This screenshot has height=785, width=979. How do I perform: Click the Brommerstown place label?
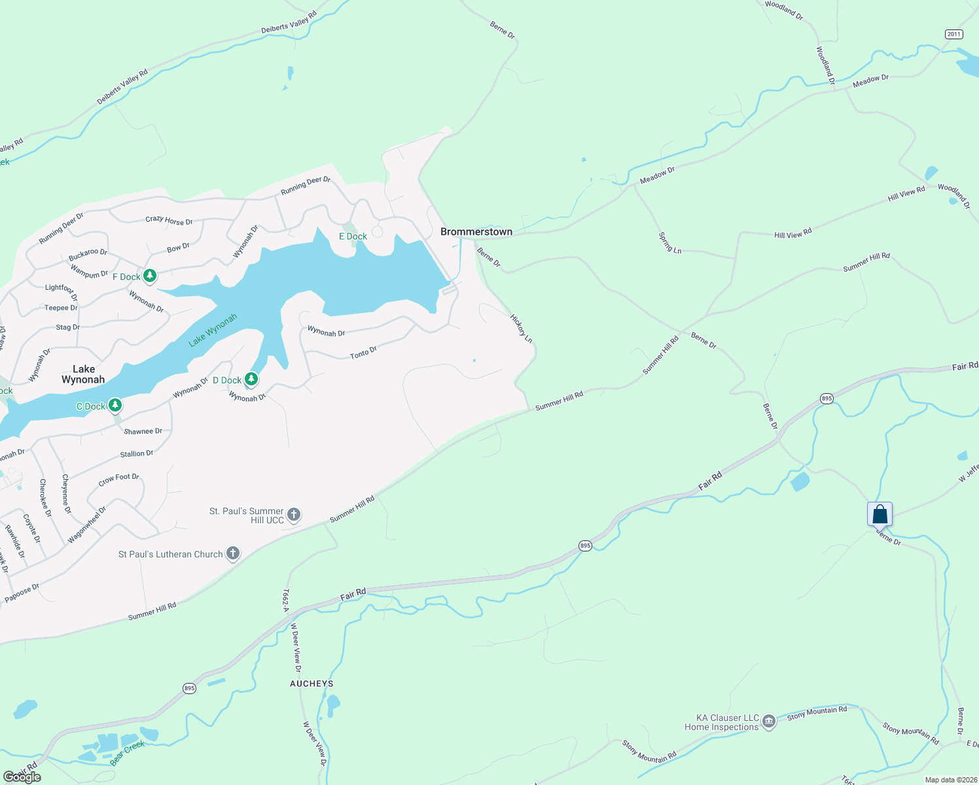click(476, 232)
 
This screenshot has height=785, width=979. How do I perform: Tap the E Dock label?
click(353, 236)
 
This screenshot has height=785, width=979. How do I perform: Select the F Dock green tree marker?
click(150, 276)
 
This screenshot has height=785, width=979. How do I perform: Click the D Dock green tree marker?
click(251, 379)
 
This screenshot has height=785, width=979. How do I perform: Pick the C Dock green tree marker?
click(115, 406)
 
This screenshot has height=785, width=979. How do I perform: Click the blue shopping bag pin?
click(880, 514)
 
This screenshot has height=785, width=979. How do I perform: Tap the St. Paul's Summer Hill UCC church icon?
click(294, 515)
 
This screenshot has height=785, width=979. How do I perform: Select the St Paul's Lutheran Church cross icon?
click(232, 553)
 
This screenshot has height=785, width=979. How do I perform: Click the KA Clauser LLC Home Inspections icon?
click(769, 722)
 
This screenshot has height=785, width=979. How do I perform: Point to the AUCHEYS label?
click(311, 684)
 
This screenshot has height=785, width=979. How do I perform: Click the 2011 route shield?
click(953, 34)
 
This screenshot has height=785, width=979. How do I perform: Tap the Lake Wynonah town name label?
click(83, 374)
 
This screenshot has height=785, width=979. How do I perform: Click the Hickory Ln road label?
click(522, 328)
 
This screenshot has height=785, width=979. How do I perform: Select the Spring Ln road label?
click(670, 242)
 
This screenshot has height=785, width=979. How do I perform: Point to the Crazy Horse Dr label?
click(169, 220)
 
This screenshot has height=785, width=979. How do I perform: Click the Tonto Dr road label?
click(363, 353)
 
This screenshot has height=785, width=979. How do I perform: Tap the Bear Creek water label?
click(128, 754)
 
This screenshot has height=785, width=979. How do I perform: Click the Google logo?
click(22, 776)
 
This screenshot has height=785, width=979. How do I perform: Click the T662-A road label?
click(286, 601)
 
